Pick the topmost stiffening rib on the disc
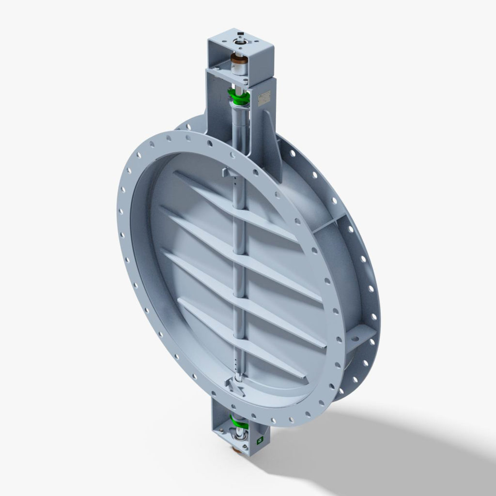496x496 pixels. (x=232, y=203)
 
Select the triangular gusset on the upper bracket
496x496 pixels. (x=270, y=140)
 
